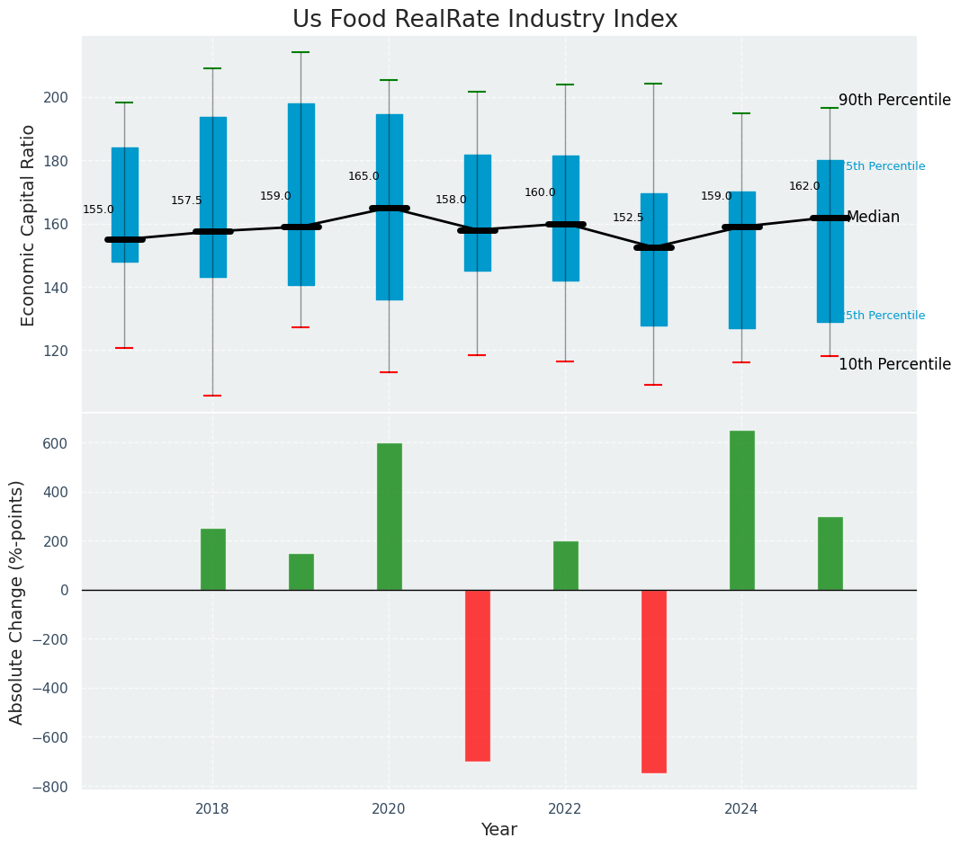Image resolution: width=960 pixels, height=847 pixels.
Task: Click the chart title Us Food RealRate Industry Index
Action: coord(485,20)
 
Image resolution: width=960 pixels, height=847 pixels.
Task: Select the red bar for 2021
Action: coord(478,675)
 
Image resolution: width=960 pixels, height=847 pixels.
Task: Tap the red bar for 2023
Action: coord(654,681)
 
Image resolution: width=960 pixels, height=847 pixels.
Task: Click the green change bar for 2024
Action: coord(742,510)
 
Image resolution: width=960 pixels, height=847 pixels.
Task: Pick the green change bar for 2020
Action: coord(390,516)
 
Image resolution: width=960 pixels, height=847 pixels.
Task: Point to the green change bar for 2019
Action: coord(301,572)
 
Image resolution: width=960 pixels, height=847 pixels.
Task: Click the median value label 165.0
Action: coord(363,176)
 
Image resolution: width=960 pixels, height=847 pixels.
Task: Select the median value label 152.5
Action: coord(628,218)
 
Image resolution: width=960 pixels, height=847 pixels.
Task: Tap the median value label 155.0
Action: coord(98,210)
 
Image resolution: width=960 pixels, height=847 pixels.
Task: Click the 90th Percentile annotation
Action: coord(894,100)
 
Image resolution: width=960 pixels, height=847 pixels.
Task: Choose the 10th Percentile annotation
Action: coord(894,364)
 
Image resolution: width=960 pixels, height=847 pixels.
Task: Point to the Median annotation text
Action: coord(873,217)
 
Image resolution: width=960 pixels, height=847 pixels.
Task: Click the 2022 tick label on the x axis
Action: coord(565,809)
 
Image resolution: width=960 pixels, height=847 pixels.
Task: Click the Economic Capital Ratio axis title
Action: coord(28,225)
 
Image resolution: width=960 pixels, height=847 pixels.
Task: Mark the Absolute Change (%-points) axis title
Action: coord(17,602)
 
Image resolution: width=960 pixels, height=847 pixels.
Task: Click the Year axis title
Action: coord(498,830)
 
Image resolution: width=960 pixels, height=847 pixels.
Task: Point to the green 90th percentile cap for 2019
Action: coord(301,52)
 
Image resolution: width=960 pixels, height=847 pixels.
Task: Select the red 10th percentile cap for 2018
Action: coord(212,396)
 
